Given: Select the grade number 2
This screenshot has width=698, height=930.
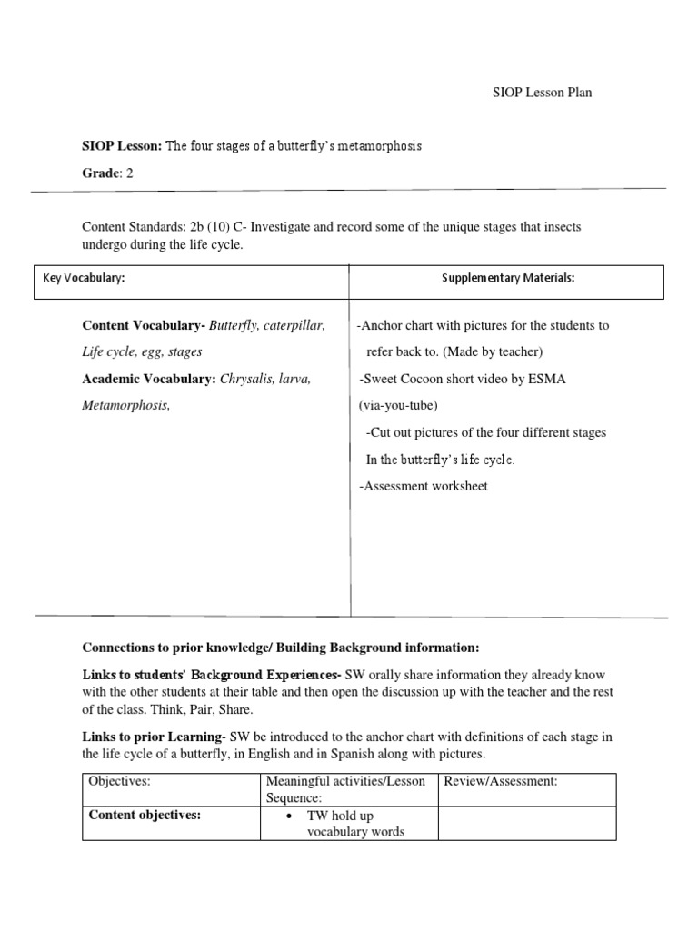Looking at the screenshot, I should click(x=130, y=173).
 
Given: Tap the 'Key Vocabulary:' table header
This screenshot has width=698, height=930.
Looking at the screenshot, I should click(x=84, y=279).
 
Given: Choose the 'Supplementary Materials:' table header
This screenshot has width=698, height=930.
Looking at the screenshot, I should click(x=508, y=279).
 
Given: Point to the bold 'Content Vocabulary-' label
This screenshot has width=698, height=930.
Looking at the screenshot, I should click(x=144, y=325).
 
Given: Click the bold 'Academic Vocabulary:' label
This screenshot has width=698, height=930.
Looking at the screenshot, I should click(x=149, y=379).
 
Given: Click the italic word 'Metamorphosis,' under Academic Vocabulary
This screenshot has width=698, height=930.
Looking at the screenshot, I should click(x=126, y=405).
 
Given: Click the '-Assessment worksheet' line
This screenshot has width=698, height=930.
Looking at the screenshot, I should click(x=423, y=486).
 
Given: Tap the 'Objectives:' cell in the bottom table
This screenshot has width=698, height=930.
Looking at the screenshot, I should click(x=119, y=781).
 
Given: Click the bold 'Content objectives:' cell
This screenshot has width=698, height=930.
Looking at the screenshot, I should click(x=145, y=815).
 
